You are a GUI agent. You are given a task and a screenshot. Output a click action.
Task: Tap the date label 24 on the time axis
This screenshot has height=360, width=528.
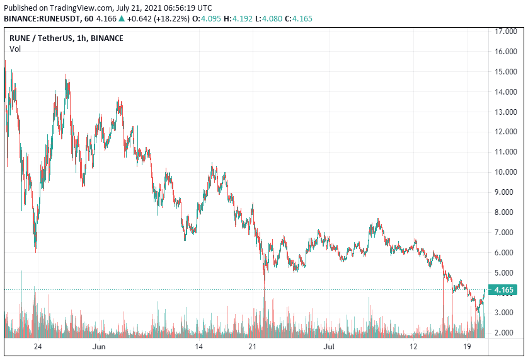click(x=38, y=347)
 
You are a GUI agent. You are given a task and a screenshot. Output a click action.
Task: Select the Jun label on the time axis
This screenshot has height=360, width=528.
click(x=98, y=347)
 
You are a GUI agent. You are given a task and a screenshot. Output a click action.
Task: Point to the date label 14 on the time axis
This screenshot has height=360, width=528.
click(x=198, y=347)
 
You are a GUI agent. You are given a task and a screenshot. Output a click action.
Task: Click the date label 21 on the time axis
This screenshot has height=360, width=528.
click(x=253, y=347)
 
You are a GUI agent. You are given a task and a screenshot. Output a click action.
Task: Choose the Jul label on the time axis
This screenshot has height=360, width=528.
click(x=330, y=347)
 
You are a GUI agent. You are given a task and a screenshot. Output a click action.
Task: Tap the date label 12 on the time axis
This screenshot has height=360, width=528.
click(x=413, y=347)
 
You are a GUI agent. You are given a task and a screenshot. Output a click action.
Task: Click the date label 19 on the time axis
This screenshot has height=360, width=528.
click(x=467, y=347)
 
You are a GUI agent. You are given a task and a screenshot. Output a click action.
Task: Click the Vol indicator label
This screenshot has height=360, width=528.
click(x=14, y=49)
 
